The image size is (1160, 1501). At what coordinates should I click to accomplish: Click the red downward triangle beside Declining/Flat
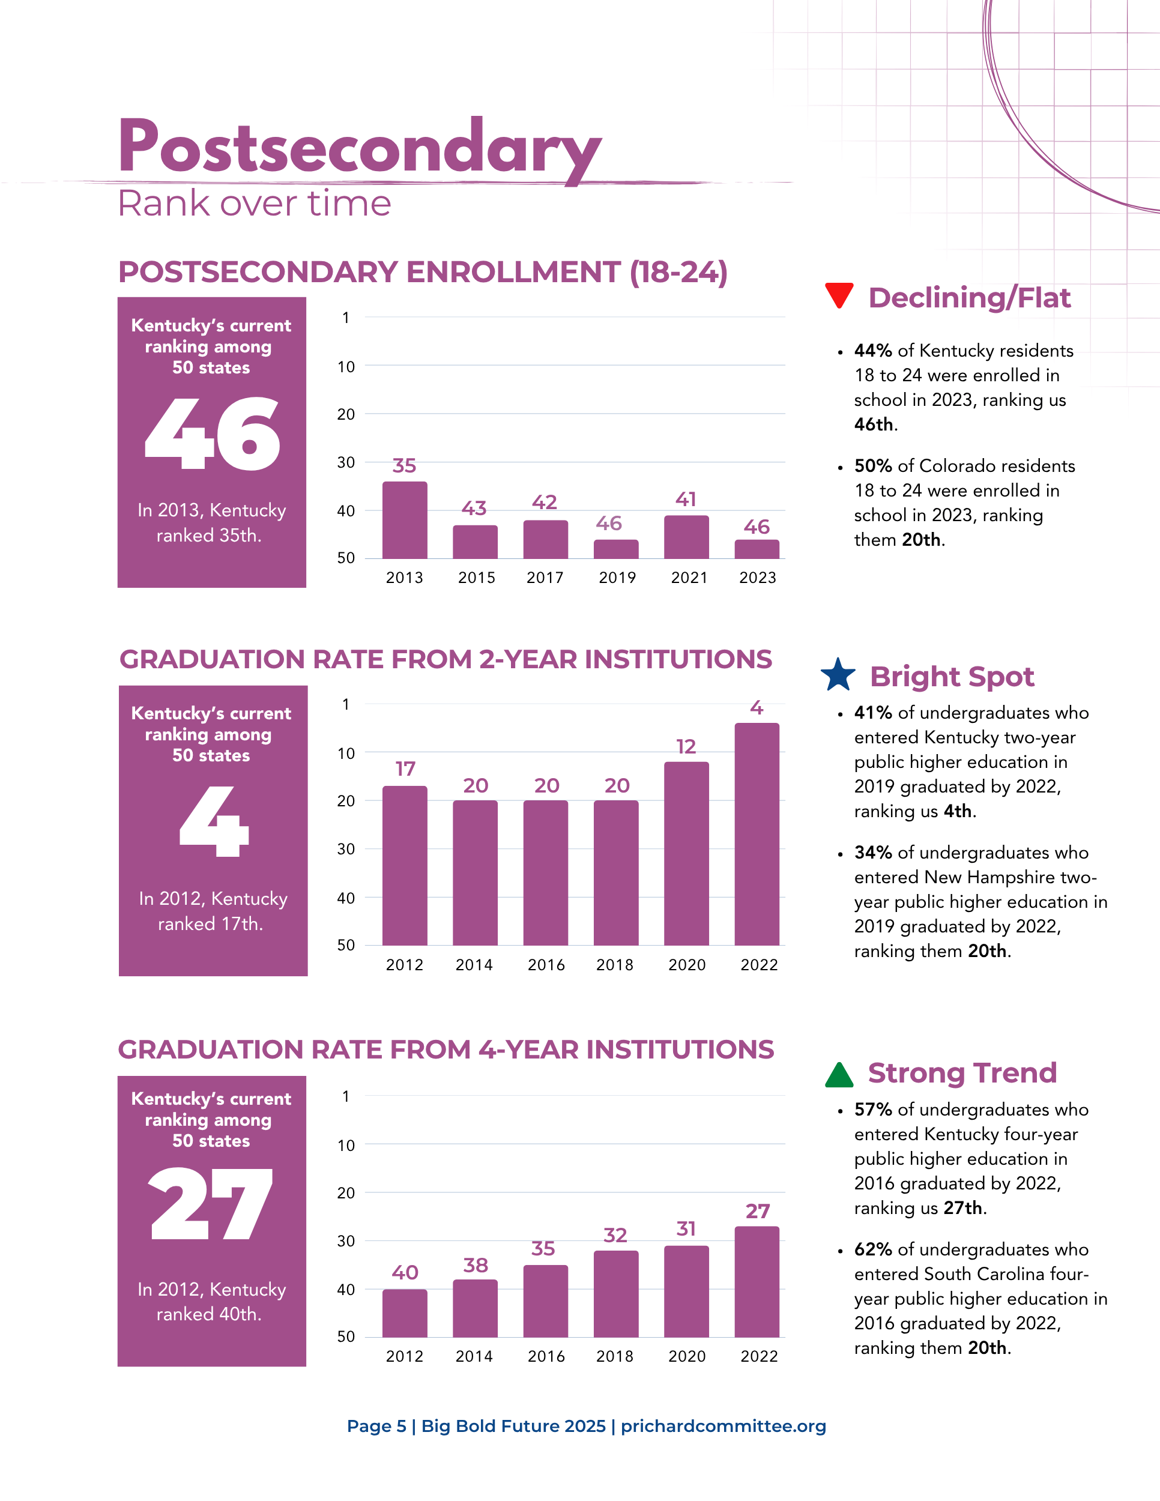click(x=838, y=294)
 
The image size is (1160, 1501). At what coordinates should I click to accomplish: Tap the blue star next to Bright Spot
click(x=838, y=675)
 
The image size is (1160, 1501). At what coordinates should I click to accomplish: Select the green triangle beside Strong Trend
click(x=838, y=1075)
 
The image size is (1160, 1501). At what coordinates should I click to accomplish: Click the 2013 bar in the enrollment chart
click(x=405, y=521)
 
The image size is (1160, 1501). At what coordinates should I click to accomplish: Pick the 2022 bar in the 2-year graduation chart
click(x=757, y=834)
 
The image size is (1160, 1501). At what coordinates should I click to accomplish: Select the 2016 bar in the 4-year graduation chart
click(x=546, y=1300)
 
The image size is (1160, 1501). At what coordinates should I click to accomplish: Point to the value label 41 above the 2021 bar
click(x=686, y=499)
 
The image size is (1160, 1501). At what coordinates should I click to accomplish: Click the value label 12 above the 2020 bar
click(x=686, y=746)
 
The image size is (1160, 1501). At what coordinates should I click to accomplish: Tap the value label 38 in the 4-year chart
click(x=476, y=1265)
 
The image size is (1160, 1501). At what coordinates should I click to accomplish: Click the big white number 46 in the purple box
click(x=213, y=434)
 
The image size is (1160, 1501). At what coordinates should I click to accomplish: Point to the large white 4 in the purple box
click(x=214, y=821)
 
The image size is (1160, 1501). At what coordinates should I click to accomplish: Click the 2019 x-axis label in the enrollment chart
click(x=617, y=578)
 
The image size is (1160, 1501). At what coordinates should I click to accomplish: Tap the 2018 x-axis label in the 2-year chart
click(x=615, y=965)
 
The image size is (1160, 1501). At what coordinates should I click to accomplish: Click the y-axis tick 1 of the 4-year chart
click(x=346, y=1096)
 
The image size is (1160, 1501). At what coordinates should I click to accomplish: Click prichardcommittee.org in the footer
click(x=723, y=1426)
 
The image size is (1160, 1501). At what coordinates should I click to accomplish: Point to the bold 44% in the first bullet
click(x=873, y=351)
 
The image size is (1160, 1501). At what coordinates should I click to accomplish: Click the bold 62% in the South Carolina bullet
click(x=873, y=1249)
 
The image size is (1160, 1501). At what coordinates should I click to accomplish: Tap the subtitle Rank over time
click(x=254, y=204)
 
